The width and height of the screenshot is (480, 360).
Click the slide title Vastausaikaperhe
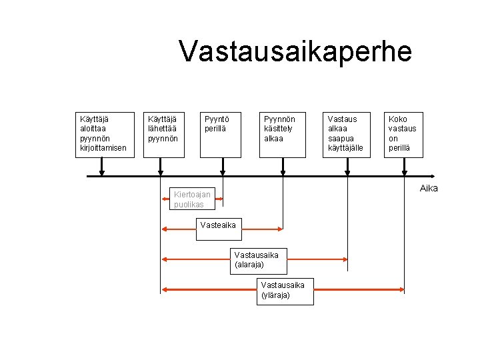tap(295, 51)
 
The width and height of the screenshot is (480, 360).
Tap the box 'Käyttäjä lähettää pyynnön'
tap(163, 133)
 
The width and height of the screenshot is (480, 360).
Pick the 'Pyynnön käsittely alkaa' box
tap(282, 133)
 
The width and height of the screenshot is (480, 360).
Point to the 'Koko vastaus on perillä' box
tap(403, 133)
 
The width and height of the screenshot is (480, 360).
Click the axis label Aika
tap(429, 188)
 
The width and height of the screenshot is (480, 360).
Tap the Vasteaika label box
tap(219, 225)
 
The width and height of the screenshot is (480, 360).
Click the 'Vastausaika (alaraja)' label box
tap(261, 259)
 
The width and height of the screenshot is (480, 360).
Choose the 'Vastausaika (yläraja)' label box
tap(285, 291)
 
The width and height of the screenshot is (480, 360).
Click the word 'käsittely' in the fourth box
tap(279, 129)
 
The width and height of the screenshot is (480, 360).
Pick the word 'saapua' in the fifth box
tap(340, 138)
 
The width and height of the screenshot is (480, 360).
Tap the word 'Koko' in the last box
tap(399, 119)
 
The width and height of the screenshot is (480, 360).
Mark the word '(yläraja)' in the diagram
tap(275, 295)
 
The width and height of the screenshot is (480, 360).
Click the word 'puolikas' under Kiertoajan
tap(189, 205)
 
